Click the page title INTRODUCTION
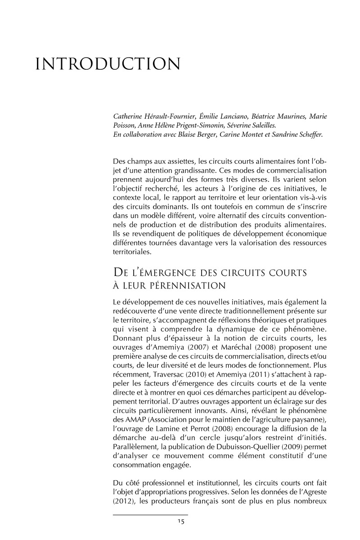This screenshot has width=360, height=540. pyautogui.click(x=108, y=64)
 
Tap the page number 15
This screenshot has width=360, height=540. pyautogui.click(x=180, y=522)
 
